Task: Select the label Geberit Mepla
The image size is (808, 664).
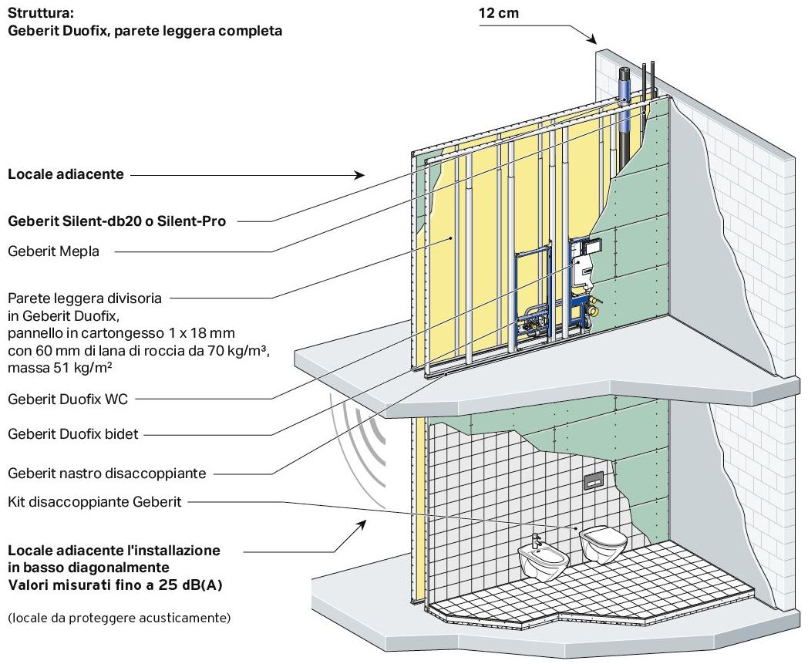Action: click(x=53, y=251)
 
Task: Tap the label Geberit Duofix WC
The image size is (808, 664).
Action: click(x=68, y=399)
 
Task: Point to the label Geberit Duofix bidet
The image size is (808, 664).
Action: click(x=73, y=434)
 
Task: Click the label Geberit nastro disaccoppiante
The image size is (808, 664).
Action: click(x=107, y=473)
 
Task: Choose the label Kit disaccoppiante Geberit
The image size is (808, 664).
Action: click(x=94, y=502)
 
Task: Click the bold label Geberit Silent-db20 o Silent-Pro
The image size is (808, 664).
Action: click(x=116, y=221)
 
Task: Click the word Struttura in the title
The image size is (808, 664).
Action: click(x=38, y=13)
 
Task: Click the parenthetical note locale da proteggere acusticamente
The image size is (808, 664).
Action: click(x=120, y=618)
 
